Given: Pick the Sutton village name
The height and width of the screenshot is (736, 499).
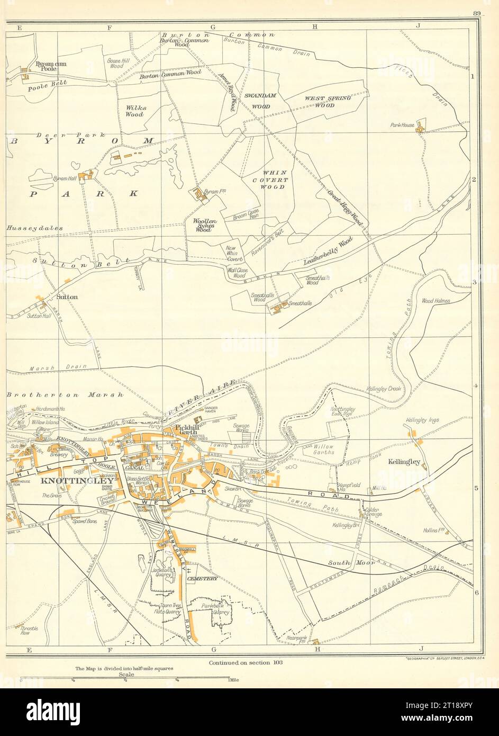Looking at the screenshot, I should tap(67, 297).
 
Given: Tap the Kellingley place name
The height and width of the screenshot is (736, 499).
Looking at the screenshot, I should tap(403, 462).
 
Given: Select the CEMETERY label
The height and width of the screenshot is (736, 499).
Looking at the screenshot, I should tap(201, 579).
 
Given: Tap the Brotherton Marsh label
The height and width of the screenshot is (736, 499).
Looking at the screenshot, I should tap(65, 395).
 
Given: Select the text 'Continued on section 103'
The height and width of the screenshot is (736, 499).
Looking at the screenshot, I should tap(246, 662).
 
